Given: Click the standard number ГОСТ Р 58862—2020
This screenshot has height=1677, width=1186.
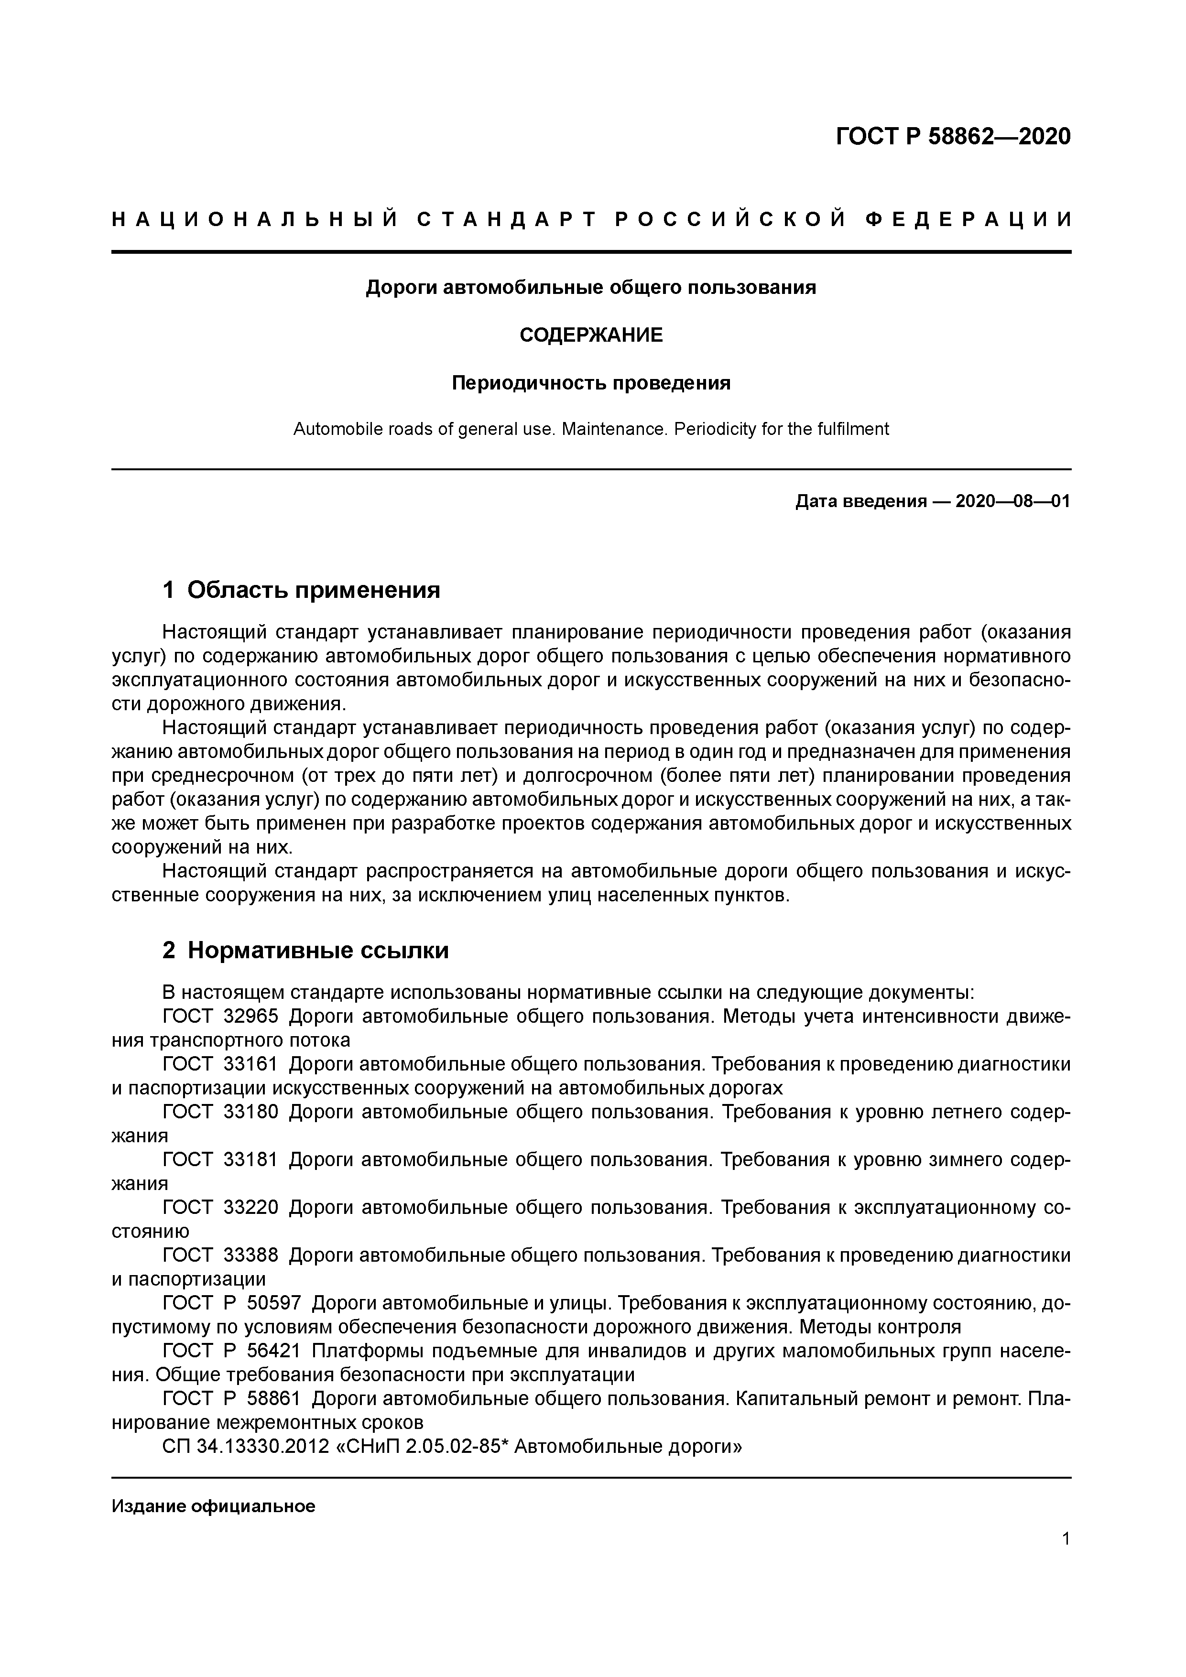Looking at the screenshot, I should pos(953,137).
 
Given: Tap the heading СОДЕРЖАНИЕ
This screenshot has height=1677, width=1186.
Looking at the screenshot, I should pos(591,335).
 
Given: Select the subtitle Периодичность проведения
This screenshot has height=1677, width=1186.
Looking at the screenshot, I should pos(591,383).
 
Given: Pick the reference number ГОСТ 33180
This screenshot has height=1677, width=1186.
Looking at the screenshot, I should pos(220,1112).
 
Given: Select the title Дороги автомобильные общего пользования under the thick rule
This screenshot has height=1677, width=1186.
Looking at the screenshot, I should pos(591,288).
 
